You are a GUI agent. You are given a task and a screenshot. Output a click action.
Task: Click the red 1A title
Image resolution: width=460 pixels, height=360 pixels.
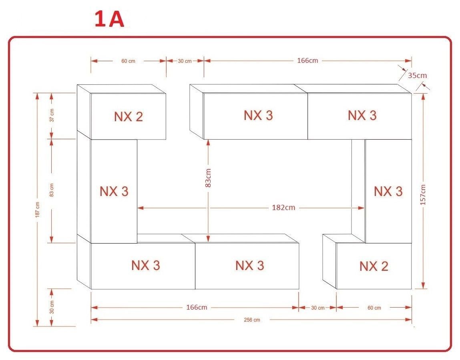click(x=109, y=20)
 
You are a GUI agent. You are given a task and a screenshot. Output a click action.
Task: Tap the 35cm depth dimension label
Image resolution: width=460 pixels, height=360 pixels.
click(x=417, y=75)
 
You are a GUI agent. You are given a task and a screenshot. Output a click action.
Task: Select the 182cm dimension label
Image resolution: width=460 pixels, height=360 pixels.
click(x=283, y=208)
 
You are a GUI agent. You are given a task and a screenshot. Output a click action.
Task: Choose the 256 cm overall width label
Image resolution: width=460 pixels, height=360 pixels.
click(x=252, y=320)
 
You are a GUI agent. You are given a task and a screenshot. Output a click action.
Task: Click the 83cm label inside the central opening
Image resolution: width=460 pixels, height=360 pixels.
click(x=208, y=178)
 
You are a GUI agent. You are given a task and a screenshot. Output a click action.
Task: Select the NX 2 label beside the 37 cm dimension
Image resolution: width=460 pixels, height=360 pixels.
click(x=128, y=117)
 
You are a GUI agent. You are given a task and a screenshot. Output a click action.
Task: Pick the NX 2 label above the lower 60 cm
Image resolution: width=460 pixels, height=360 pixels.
click(x=374, y=266)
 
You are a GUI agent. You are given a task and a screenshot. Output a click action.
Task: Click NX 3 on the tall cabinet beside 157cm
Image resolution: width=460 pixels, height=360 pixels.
click(x=388, y=192)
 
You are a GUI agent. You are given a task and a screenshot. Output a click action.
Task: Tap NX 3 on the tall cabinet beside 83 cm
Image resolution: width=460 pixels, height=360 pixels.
click(x=114, y=192)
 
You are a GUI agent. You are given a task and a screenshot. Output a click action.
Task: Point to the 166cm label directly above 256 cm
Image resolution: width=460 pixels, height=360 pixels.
click(x=197, y=307)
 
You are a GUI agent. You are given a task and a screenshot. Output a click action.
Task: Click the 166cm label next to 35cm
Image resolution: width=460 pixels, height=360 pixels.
click(x=307, y=61)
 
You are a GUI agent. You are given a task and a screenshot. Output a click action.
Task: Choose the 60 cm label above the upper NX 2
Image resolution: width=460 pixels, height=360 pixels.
click(x=128, y=61)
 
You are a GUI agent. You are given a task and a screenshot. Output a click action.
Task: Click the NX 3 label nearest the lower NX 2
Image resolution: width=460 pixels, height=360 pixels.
click(x=249, y=266)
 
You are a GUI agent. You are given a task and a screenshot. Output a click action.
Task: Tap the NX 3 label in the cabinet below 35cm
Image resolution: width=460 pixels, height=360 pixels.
click(x=362, y=116)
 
